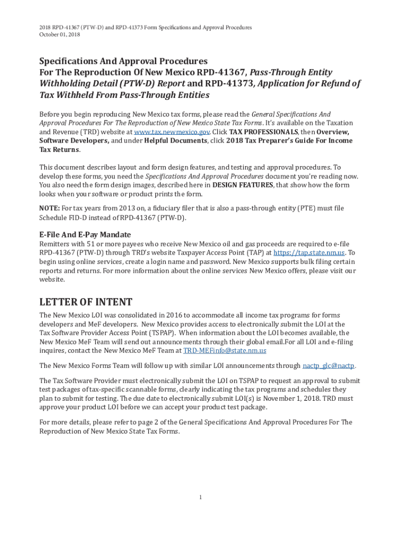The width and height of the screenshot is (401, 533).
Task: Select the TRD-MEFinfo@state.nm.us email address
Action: [x=225, y=350]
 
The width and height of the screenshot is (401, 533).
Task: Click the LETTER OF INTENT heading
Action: [x=86, y=302]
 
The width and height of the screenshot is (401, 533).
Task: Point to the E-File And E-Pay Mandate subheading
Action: [x=85, y=234]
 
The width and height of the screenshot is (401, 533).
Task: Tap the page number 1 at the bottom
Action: [x=200, y=498]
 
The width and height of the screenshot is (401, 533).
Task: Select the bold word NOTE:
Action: [x=49, y=208]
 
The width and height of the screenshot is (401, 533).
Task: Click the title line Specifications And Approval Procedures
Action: [x=123, y=61]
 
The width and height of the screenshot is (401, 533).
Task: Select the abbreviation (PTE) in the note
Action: [x=287, y=208]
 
